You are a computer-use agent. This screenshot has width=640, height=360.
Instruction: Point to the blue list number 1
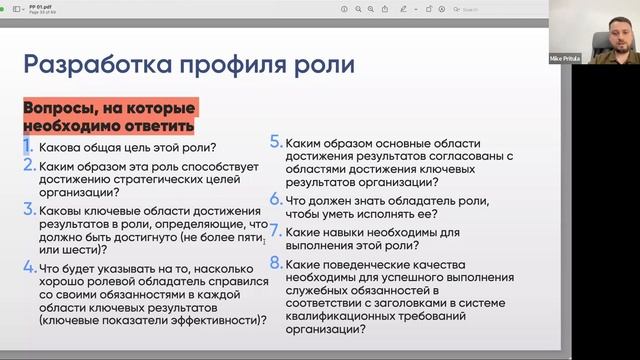29,147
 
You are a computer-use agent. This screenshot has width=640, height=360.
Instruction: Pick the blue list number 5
275,142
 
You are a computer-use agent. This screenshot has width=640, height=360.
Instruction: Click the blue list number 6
276,200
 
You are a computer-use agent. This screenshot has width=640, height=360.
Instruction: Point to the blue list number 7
276,232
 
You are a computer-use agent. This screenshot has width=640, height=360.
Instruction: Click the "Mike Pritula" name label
592,59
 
